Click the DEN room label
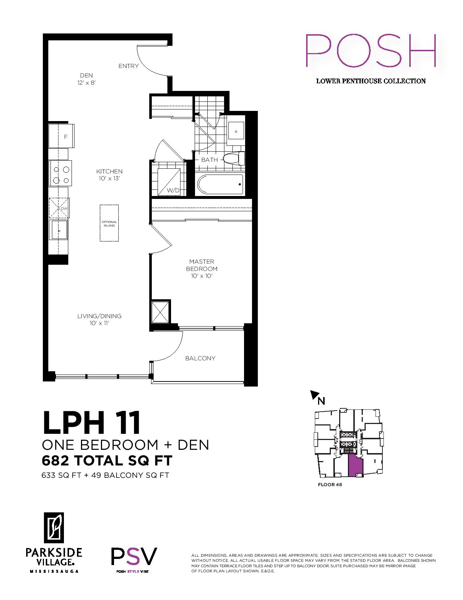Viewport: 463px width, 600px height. (x=86, y=75)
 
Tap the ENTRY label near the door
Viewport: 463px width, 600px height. (x=129, y=66)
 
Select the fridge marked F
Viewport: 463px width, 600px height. (x=61, y=136)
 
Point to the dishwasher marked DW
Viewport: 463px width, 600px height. (x=59, y=208)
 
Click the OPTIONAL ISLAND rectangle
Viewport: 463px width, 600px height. (x=109, y=223)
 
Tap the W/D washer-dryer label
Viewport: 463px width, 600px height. (x=173, y=191)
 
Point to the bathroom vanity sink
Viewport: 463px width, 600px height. (x=236, y=131)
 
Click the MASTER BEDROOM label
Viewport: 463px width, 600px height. (x=202, y=265)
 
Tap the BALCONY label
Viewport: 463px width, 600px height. (x=200, y=359)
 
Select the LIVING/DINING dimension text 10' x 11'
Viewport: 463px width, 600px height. (x=99, y=323)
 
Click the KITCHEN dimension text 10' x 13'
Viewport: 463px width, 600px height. (x=109, y=179)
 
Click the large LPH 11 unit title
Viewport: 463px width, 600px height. (x=92, y=423)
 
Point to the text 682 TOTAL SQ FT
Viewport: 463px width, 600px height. (x=107, y=461)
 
